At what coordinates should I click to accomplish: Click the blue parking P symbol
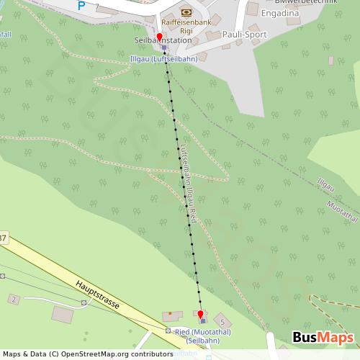pos(81,5)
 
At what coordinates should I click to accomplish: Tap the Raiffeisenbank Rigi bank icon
pos(186,12)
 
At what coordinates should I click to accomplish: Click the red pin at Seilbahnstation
pos(160,36)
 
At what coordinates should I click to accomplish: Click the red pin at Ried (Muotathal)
pos(201,315)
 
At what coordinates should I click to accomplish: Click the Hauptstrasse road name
pos(102,295)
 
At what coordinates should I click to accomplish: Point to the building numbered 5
pos(223,320)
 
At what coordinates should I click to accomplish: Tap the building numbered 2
pos(13,298)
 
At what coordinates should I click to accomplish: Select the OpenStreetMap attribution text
pos(86,354)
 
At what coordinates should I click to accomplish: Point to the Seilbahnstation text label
pos(153,41)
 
